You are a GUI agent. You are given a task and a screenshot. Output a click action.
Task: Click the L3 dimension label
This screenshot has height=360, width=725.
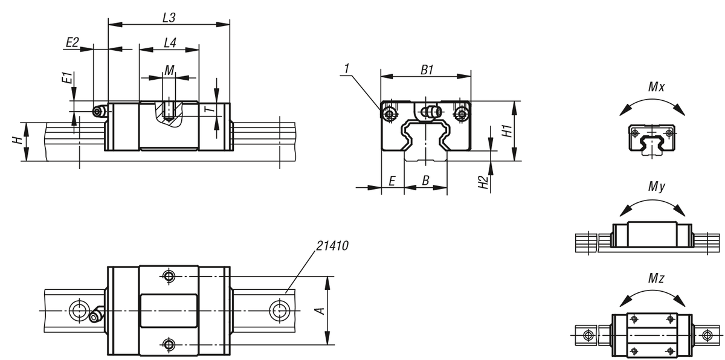pos(169,18)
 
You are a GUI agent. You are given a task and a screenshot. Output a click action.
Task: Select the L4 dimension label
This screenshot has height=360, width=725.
pos(170,43)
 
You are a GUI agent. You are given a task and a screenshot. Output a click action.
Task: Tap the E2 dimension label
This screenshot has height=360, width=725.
pos(72,42)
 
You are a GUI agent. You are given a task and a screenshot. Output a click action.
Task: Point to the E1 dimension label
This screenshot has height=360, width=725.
pos(67,79)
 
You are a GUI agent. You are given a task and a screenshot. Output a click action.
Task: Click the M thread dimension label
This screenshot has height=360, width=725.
pos(169,70)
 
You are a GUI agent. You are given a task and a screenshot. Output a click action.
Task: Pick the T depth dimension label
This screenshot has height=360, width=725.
pos(211,109)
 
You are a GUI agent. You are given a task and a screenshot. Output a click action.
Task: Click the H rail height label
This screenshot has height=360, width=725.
pos(18,140)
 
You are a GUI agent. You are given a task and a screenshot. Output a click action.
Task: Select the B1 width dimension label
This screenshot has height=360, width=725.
pos(427,70)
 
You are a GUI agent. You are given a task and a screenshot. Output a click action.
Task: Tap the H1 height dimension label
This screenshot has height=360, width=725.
pos(507,131)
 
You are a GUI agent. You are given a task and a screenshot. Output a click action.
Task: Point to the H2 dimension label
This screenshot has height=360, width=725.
pos(483,182)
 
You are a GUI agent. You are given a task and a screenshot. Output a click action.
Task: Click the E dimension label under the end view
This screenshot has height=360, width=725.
pos(392,181)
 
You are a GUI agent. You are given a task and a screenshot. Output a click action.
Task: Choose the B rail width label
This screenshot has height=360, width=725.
pos(425,181)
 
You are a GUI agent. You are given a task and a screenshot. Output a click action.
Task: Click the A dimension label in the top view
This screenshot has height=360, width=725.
pos(320,311)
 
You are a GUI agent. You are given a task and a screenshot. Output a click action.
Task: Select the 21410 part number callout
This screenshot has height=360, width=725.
pos(332,246)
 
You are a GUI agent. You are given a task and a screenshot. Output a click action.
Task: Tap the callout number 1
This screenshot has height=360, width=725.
pos(347,69)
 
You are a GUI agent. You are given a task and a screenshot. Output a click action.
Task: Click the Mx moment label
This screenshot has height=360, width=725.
pos(656,87)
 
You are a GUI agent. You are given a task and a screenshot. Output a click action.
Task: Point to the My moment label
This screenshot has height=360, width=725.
pos(656,187)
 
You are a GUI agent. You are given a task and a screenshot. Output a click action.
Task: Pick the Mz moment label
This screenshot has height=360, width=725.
pos(656,278)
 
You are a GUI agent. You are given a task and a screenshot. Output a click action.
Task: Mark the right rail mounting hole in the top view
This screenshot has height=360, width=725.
pos(279,310)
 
